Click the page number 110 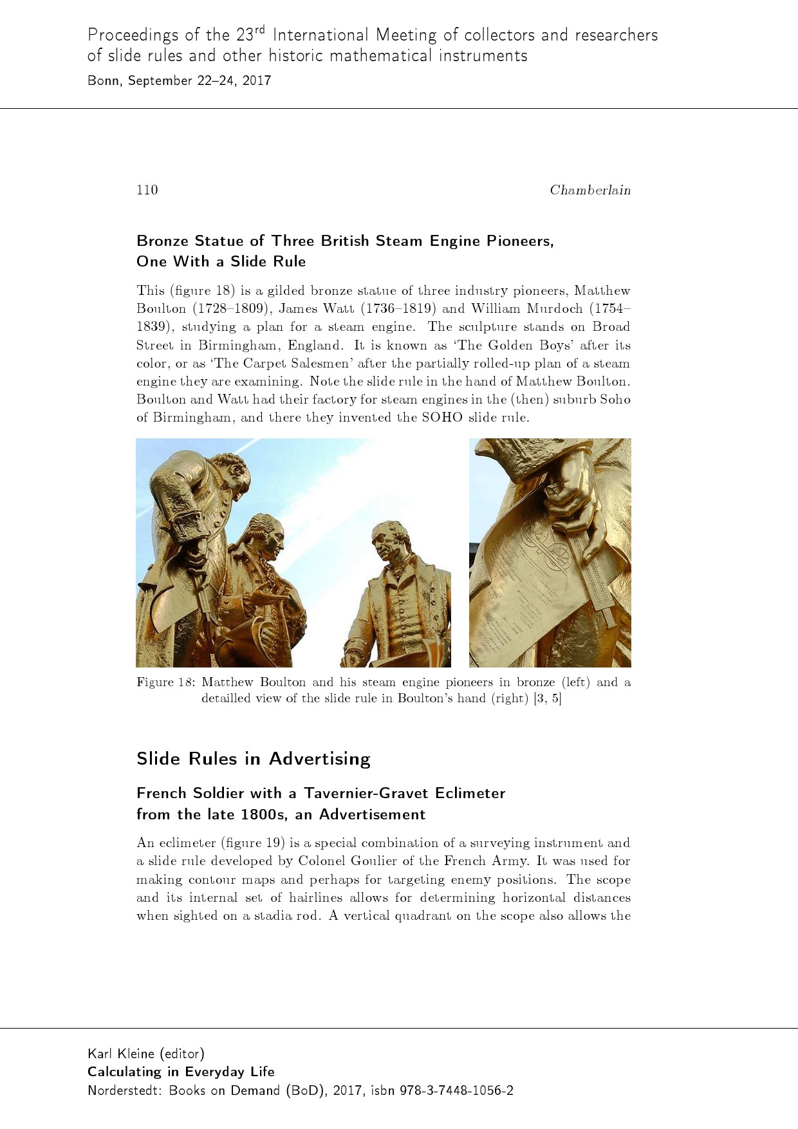(147, 189)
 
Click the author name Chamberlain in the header (589, 190)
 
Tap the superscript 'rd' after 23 (259, 29)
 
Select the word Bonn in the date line (104, 80)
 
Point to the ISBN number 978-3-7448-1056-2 (456, 1090)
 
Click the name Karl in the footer (98, 1054)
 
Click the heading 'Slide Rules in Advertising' (253, 759)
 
